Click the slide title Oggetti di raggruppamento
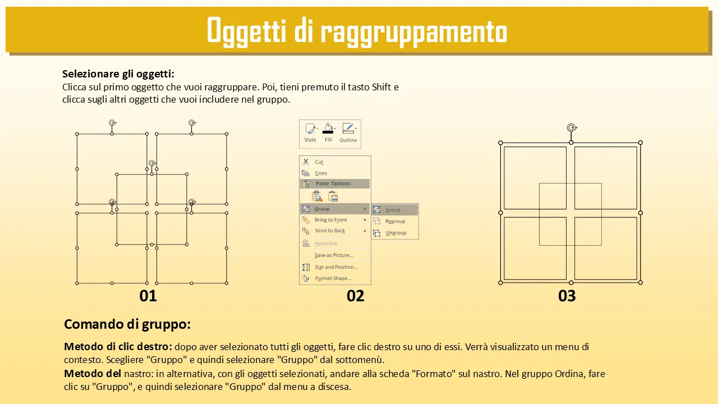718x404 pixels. click(x=357, y=31)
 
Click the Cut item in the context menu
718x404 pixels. click(x=319, y=162)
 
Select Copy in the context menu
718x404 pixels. click(x=321, y=173)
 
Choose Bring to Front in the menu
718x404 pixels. click(x=330, y=219)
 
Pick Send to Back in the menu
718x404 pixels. click(x=329, y=231)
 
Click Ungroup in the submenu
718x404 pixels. click(x=396, y=233)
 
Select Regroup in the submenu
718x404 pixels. click(x=395, y=221)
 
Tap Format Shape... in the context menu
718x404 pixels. click(x=333, y=278)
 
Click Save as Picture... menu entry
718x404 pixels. click(x=334, y=255)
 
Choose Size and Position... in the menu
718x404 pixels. click(x=336, y=267)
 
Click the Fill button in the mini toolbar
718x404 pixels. click(x=328, y=133)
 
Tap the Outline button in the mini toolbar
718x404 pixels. click(x=348, y=133)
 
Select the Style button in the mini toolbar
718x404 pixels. click(x=310, y=133)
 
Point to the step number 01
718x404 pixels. click(x=148, y=296)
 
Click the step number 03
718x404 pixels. click(x=567, y=296)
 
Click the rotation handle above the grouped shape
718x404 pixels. click(x=572, y=128)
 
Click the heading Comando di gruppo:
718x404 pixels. click(x=127, y=324)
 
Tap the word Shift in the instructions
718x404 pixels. click(x=381, y=87)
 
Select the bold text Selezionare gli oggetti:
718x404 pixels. click(x=118, y=74)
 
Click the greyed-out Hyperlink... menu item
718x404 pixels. click(x=328, y=244)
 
